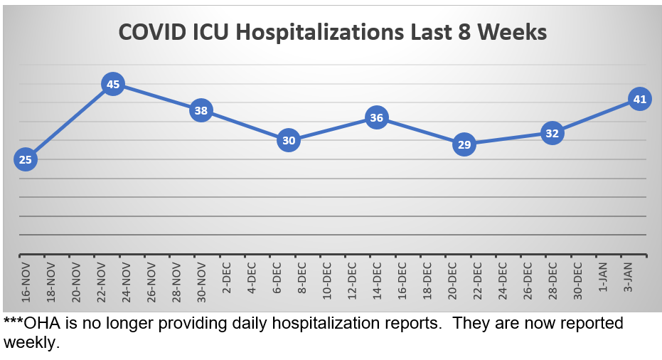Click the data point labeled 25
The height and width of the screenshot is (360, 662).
(25, 159)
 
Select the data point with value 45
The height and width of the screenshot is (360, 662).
(113, 85)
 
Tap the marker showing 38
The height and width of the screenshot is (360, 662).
(201, 111)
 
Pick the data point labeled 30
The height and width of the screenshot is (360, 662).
(289, 140)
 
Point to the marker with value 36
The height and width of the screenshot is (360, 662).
(377, 118)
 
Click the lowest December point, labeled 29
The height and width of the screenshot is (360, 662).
(464, 144)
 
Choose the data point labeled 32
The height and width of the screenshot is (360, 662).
(552, 133)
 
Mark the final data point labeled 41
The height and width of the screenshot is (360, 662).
(639, 100)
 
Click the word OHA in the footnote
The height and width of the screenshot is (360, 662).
(41, 324)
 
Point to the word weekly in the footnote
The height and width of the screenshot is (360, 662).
(30, 342)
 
